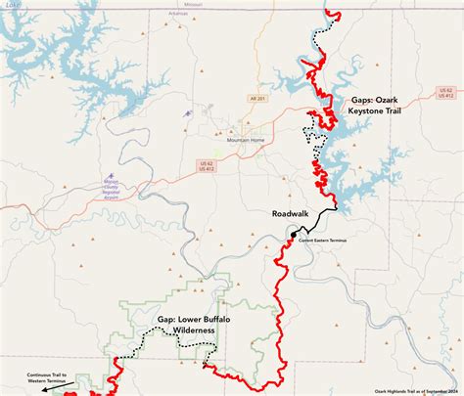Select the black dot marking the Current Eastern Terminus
[x=293, y=236]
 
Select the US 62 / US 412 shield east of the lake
[x=445, y=93]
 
